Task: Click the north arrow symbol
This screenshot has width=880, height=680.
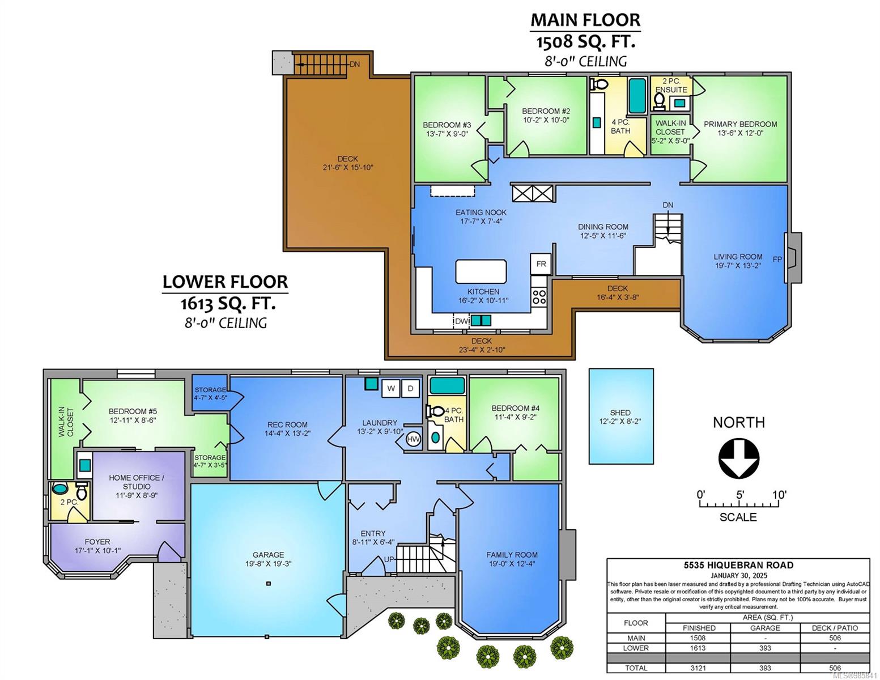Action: click(739, 459)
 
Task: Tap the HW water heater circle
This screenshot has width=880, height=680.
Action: click(413, 439)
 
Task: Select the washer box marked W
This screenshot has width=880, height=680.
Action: click(391, 389)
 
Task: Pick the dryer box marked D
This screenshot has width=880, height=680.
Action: click(411, 389)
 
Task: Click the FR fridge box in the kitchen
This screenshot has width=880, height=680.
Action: click(541, 264)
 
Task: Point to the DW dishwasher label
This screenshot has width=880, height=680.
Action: click(461, 321)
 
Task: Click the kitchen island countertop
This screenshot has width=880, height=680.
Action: click(481, 271)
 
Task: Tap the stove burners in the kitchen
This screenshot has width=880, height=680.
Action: click(539, 296)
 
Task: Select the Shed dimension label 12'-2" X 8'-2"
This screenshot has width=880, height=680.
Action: click(620, 422)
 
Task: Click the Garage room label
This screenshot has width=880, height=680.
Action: click(268, 555)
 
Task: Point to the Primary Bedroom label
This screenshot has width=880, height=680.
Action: click(740, 124)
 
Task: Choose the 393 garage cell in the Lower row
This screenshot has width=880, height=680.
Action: click(765, 648)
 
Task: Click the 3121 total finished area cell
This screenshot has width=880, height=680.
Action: click(698, 668)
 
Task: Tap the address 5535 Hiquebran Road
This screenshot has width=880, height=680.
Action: click(738, 566)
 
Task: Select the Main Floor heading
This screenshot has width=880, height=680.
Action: click(585, 20)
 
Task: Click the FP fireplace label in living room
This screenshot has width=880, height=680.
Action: click(777, 260)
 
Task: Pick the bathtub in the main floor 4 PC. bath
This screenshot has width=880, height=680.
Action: click(637, 96)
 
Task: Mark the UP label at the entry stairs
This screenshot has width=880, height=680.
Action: click(389, 559)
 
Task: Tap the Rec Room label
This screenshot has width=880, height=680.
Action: click(287, 424)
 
